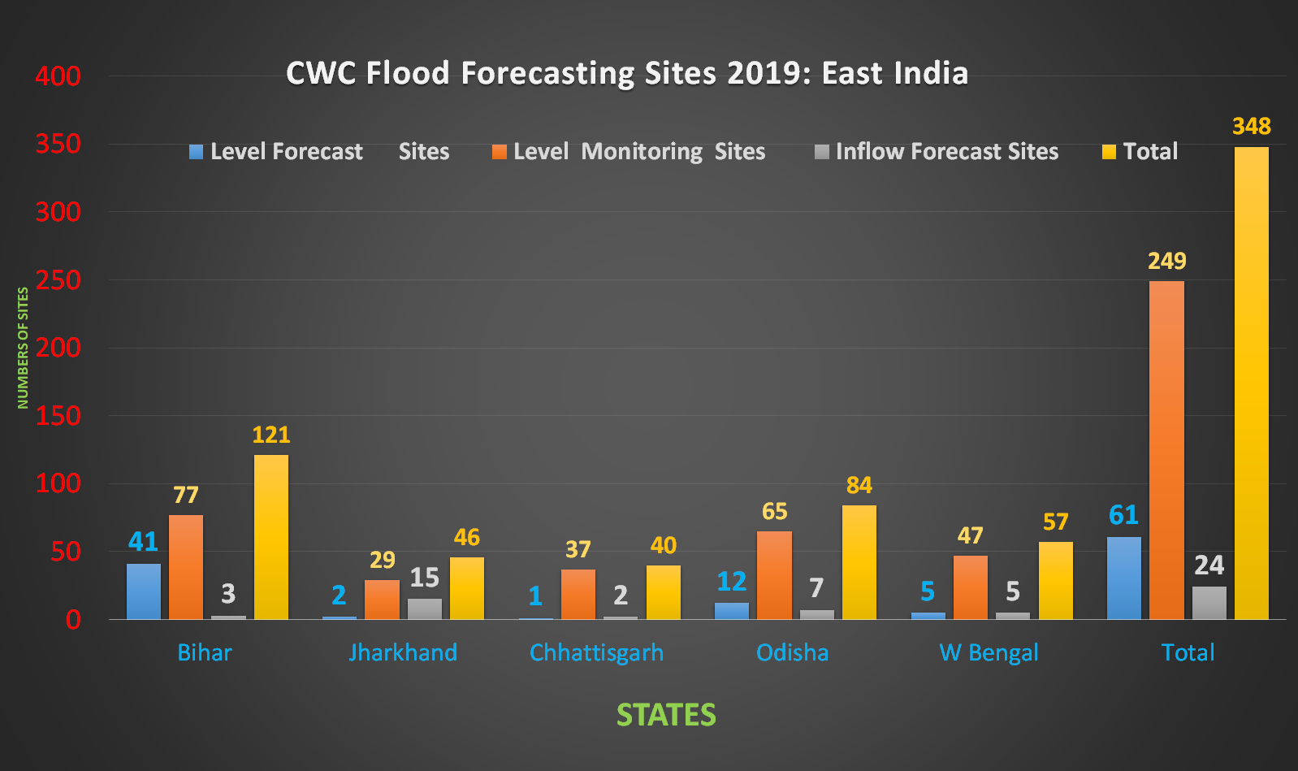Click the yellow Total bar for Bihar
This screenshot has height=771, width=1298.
[x=271, y=537]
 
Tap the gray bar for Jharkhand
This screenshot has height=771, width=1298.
[x=424, y=609]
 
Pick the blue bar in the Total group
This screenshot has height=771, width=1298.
[x=1123, y=578]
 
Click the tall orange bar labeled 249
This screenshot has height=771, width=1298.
[x=1166, y=450]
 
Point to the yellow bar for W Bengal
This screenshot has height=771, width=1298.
[x=1055, y=580]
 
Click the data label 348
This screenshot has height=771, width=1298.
[x=1251, y=127]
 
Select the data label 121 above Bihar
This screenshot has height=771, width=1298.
[x=271, y=435]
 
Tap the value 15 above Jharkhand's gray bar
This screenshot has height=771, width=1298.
[x=424, y=578]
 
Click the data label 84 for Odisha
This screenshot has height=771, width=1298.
[x=859, y=486]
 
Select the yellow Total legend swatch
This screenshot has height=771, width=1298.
[x=1109, y=152]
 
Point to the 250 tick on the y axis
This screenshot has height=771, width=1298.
[x=58, y=280]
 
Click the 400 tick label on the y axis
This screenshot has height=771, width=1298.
[x=58, y=76]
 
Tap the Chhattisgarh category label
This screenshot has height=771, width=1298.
[x=596, y=652]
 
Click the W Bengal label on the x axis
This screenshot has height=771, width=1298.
[x=989, y=652]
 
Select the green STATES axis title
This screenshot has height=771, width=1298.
[x=666, y=715]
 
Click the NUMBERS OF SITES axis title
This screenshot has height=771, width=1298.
[x=23, y=348]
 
